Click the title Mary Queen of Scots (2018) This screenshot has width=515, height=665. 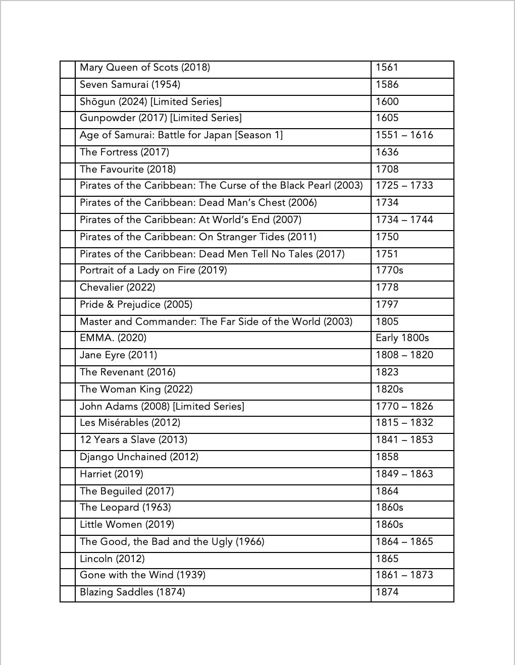click(x=145, y=68)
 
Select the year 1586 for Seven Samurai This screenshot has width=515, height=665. click(x=387, y=84)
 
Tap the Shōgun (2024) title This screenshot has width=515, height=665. click(x=150, y=101)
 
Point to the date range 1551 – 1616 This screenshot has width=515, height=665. click(x=404, y=135)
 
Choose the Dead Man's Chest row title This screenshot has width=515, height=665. click(x=198, y=203)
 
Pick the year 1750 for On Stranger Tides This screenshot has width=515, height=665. click(x=387, y=237)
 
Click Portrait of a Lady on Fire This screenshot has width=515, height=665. click(x=153, y=270)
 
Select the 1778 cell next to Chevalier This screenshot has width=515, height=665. click(x=387, y=288)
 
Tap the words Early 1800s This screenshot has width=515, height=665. click(x=402, y=338)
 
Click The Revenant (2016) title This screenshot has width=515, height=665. click(x=127, y=372)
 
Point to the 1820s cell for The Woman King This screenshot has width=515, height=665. click(x=389, y=390)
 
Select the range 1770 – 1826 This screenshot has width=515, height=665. click(x=404, y=407)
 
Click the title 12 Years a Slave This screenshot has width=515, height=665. click(x=133, y=440)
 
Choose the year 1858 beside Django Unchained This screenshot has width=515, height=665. click(x=387, y=457)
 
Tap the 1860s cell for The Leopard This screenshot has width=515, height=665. click(x=389, y=508)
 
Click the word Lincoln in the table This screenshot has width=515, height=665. click(x=96, y=559)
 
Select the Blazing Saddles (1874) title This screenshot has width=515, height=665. click(x=132, y=592)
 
